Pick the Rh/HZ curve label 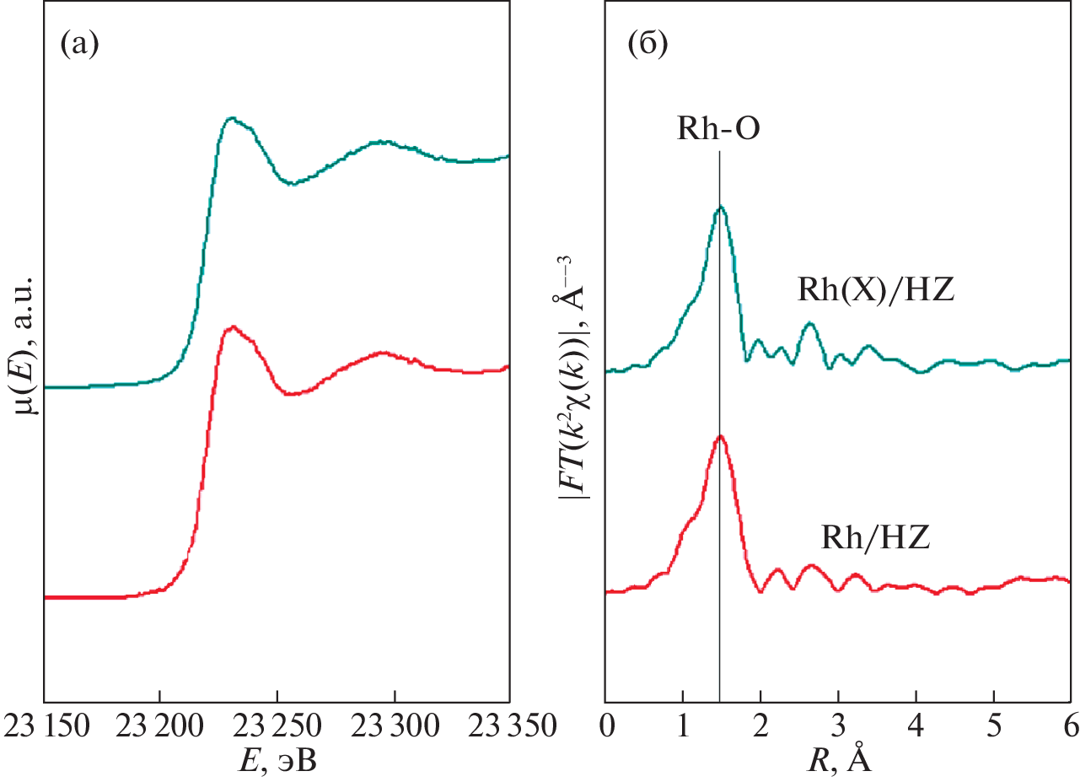pyautogui.click(x=875, y=537)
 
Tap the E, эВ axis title pyautogui.click(x=275, y=761)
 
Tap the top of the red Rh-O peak pyautogui.click(x=720, y=437)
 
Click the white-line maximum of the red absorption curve pyautogui.click(x=232, y=326)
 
